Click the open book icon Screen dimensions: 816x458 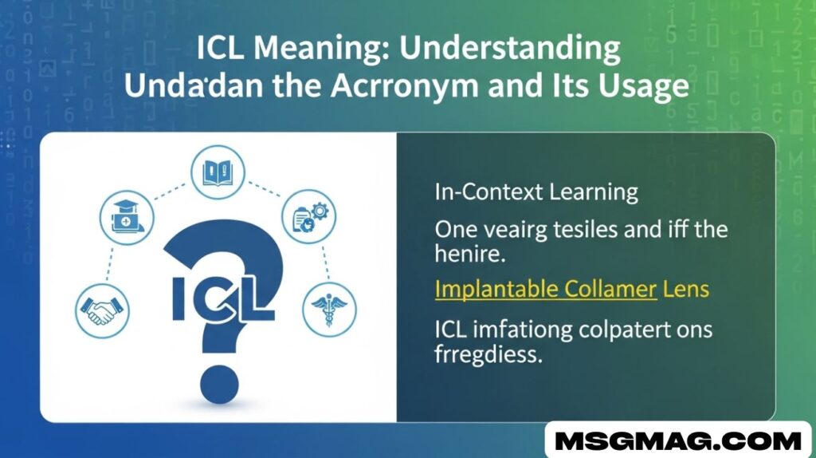click(218, 172)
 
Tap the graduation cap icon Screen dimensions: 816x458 click(127, 217)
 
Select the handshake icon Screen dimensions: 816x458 click(102, 311)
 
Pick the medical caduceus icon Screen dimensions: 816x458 click(329, 310)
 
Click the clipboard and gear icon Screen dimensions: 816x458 click(308, 216)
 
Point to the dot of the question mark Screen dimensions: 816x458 click(219, 385)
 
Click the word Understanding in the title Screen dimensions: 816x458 click(509, 49)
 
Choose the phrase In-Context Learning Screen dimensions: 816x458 click(536, 193)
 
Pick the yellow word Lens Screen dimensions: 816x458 click(686, 289)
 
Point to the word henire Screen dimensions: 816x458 click(470, 254)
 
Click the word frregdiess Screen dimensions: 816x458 click(488, 355)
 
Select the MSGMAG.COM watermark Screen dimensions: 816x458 click(678, 441)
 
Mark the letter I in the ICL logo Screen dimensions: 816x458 click(178, 299)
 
